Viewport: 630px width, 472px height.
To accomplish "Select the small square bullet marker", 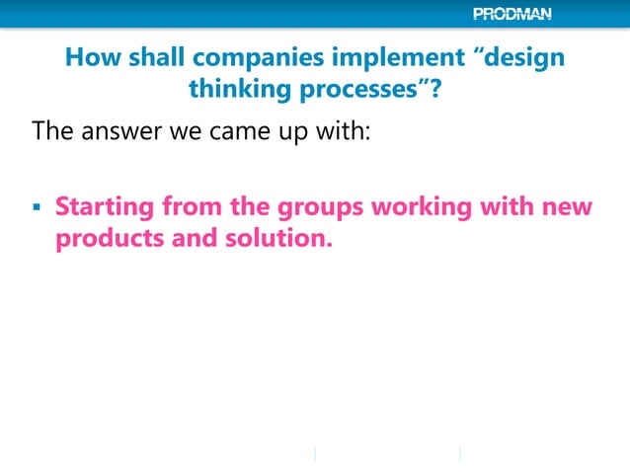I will click(x=37, y=210).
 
